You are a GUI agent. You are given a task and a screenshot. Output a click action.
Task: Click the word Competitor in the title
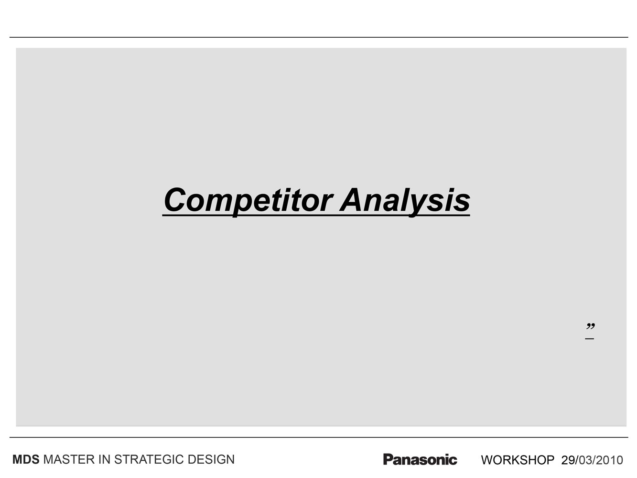(x=248, y=201)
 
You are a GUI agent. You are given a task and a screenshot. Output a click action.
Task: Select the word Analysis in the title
(x=405, y=201)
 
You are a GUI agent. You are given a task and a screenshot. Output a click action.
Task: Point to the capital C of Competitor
(x=175, y=200)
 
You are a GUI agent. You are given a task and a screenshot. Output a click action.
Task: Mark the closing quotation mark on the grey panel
(x=590, y=326)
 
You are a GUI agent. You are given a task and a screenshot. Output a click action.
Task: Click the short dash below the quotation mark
(x=589, y=338)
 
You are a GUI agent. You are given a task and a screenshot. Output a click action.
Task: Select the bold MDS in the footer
(x=26, y=460)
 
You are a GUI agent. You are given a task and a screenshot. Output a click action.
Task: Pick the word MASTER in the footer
(x=69, y=460)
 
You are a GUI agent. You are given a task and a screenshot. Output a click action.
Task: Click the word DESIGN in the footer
(x=211, y=460)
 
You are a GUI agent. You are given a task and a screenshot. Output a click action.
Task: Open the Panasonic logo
(x=420, y=459)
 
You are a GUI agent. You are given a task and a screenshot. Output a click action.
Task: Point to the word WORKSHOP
(x=518, y=460)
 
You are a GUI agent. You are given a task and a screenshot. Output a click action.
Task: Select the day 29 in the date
(x=568, y=460)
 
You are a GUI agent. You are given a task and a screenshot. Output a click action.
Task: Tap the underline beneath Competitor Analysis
(x=316, y=216)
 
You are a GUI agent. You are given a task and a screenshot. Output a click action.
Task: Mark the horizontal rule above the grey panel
(x=319, y=37)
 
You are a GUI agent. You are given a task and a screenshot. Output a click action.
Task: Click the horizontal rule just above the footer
(x=319, y=437)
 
